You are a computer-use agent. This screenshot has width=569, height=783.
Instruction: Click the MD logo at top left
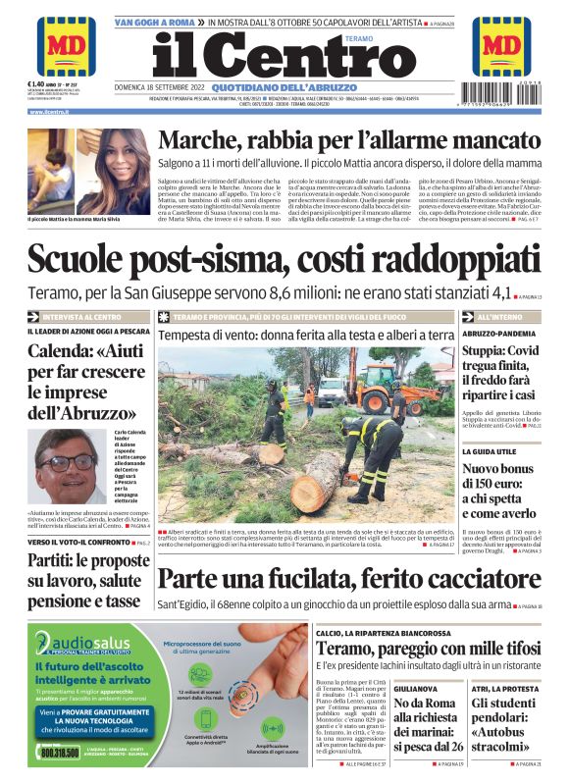click(x=67, y=46)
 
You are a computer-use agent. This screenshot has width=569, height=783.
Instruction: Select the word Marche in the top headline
click(x=208, y=142)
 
